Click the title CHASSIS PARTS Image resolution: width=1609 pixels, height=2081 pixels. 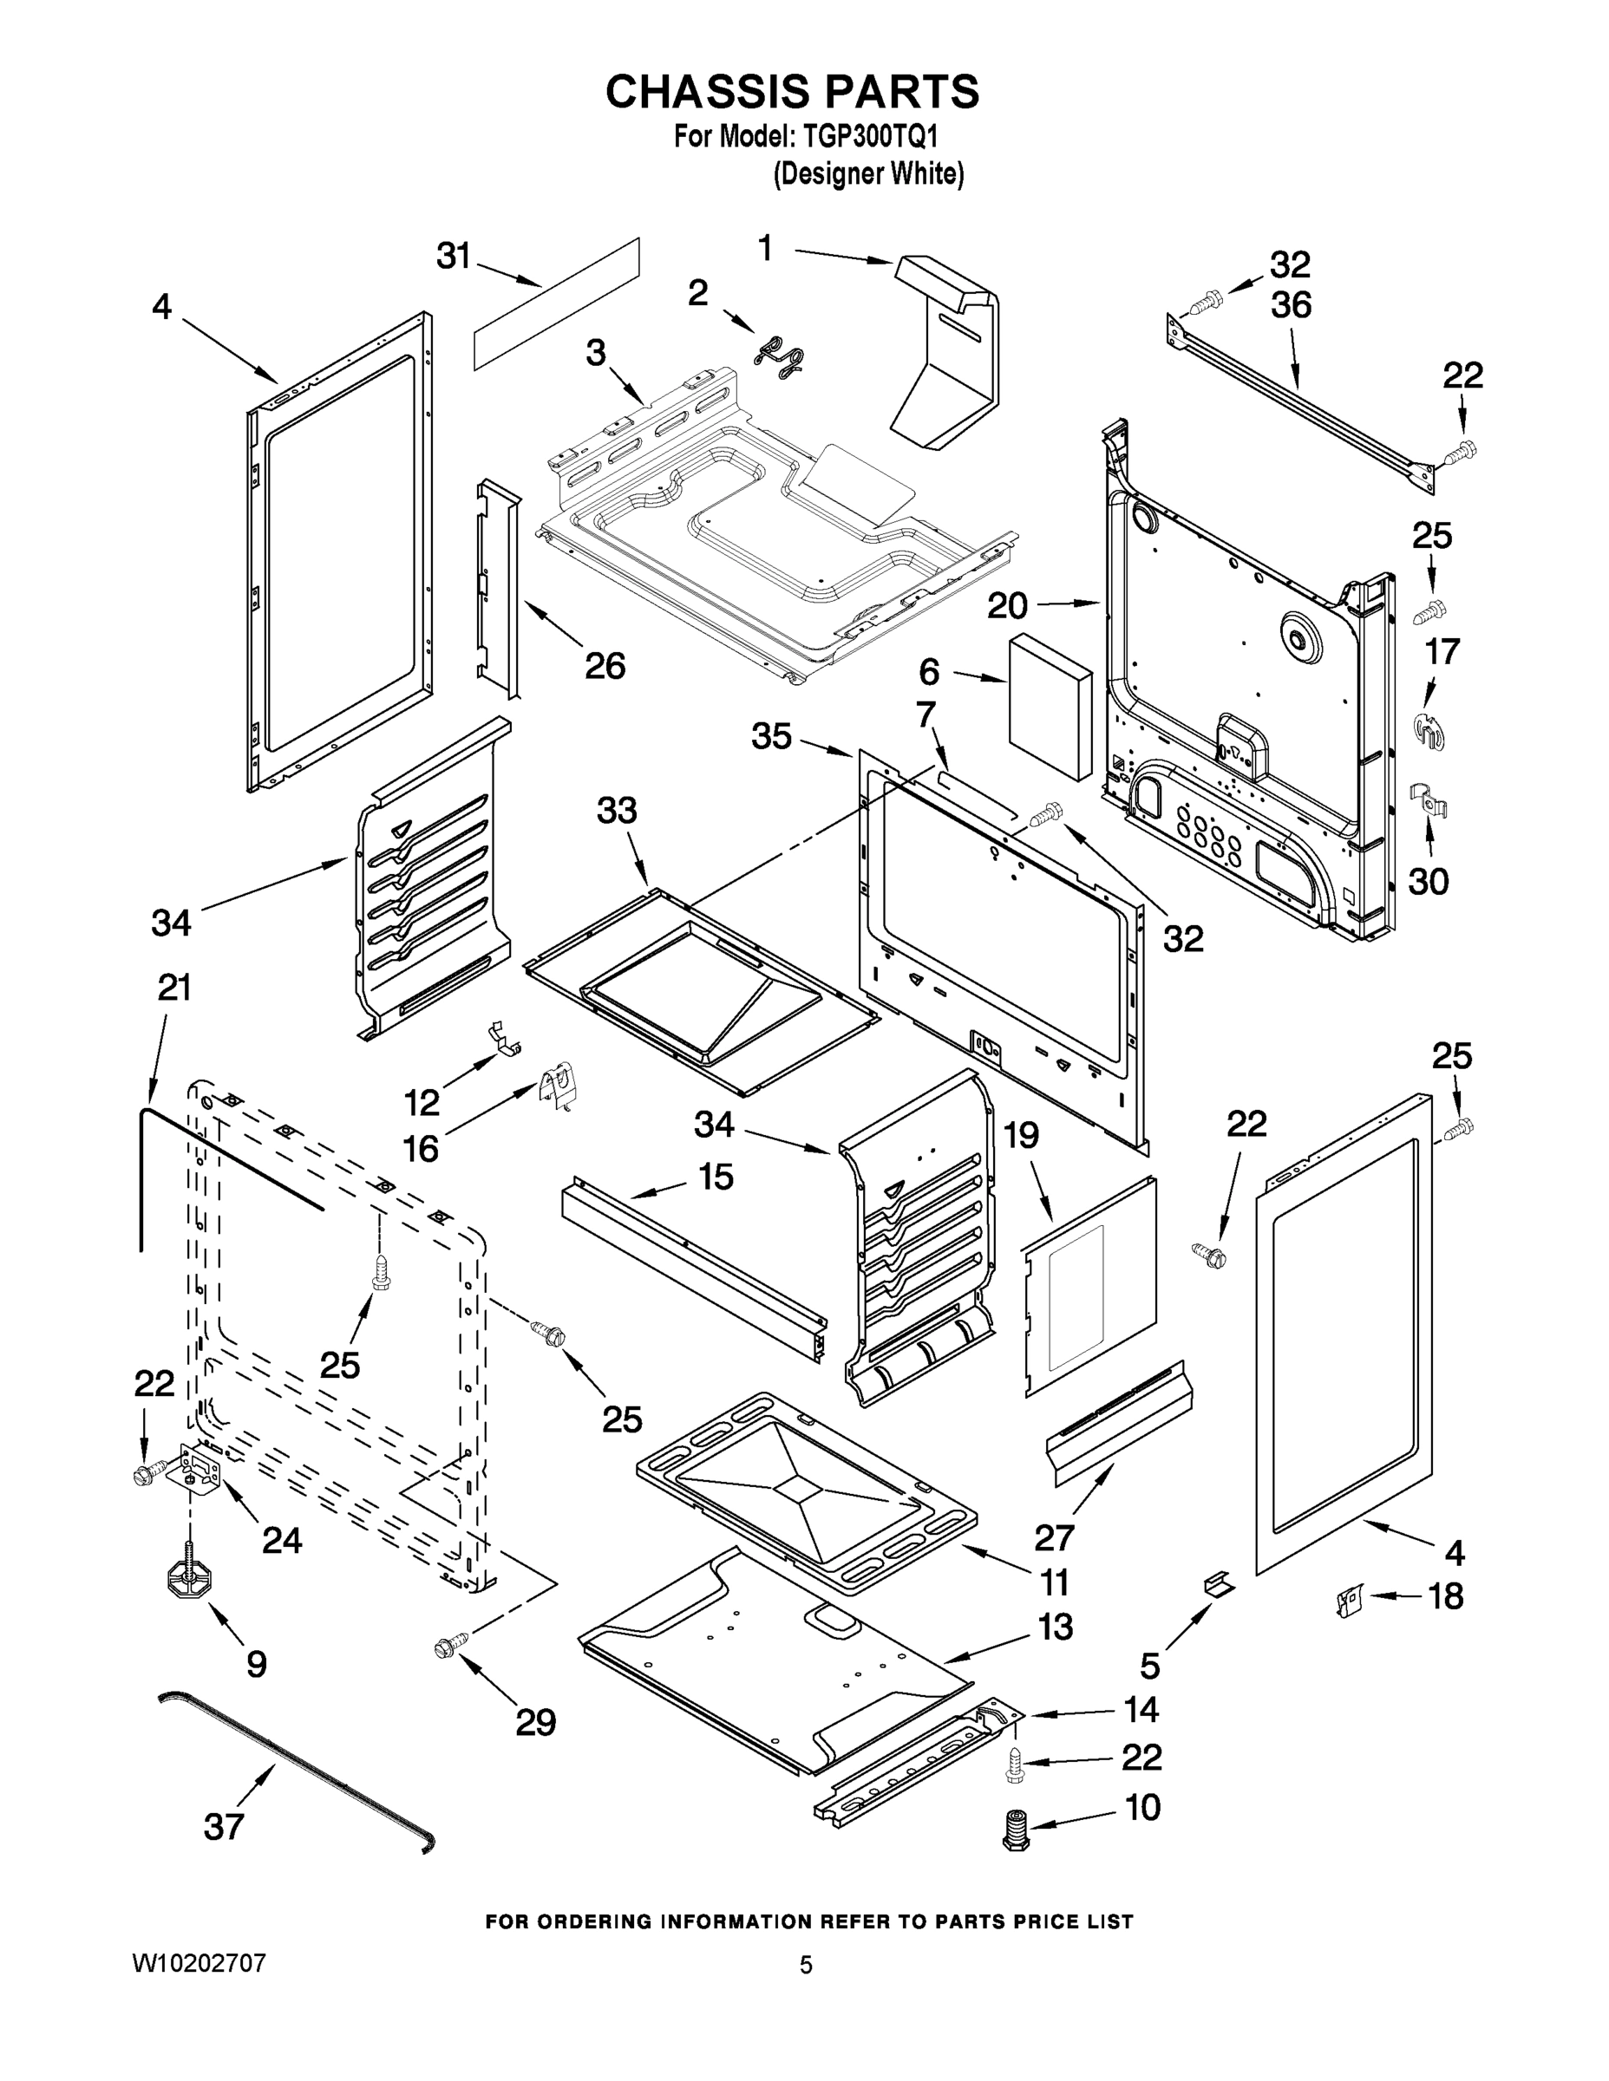[x=792, y=93]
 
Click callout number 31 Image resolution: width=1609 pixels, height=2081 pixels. [x=454, y=256]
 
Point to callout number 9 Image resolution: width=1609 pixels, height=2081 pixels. [x=256, y=1664]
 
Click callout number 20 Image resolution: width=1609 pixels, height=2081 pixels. [x=1008, y=605]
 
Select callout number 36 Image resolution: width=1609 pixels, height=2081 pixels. [x=1291, y=305]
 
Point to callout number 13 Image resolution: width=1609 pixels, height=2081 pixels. [x=1056, y=1627]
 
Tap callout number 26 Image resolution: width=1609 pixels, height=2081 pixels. [x=605, y=665]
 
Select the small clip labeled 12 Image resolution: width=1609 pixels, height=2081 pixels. [x=504, y=1039]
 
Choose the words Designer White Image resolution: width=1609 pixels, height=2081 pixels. [x=868, y=173]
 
